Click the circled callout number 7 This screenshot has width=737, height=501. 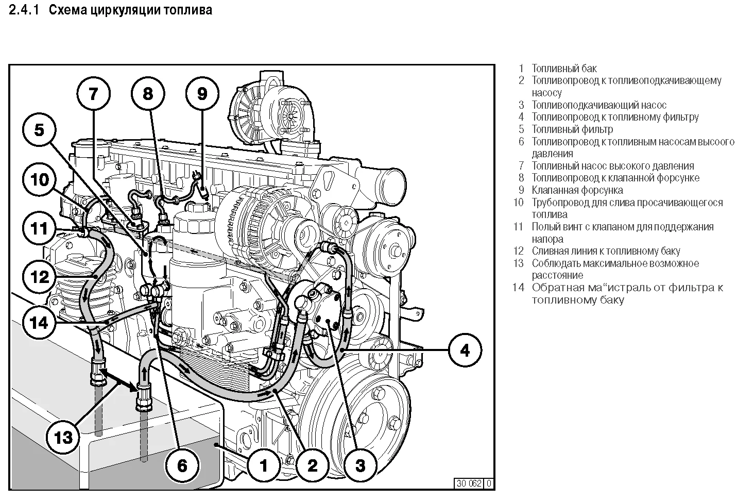tap(93, 94)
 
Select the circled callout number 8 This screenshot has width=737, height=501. tap(148, 94)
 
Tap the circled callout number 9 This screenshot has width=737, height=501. tap(202, 94)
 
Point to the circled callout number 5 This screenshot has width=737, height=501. tap(40, 130)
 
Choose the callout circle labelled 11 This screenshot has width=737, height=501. tap(40, 228)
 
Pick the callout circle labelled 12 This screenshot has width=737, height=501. tap(40, 277)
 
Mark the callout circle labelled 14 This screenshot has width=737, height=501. tap(40, 323)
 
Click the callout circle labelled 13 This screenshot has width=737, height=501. tap(64, 438)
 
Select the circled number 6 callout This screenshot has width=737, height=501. tap(182, 465)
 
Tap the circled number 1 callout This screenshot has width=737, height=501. tap(264, 465)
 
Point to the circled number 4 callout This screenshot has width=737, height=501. tap(465, 350)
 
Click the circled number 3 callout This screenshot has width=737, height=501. tap(360, 465)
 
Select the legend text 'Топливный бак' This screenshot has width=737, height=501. tap(564, 69)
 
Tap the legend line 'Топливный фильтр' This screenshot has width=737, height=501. tap(572, 129)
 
